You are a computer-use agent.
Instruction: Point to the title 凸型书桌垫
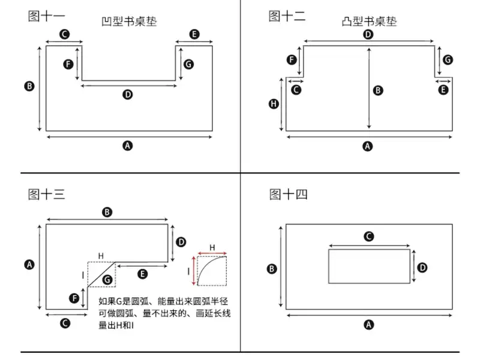pyautogui.click(x=368, y=22)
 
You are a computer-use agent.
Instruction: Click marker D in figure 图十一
pyautogui.click(x=128, y=95)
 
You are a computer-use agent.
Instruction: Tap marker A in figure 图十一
pyautogui.click(x=127, y=145)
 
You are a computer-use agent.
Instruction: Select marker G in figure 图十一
pyautogui.click(x=188, y=63)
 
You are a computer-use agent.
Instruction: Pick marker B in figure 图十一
pyautogui.click(x=29, y=86)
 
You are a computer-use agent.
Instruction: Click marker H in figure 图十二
pyautogui.click(x=274, y=104)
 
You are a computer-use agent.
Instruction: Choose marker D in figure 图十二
pyautogui.click(x=368, y=34)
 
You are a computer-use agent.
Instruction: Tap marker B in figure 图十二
pyautogui.click(x=378, y=90)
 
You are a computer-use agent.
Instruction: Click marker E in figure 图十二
pyautogui.click(x=443, y=90)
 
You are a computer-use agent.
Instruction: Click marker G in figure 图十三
pyautogui.click(x=106, y=279)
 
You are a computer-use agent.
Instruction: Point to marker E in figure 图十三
pyautogui.click(x=142, y=274)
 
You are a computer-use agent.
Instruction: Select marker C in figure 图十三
pyautogui.click(x=66, y=323)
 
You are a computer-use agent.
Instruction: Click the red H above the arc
pyautogui.click(x=212, y=247)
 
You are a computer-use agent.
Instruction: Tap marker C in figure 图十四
pyautogui.click(x=369, y=236)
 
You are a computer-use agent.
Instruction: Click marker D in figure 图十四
pyautogui.click(x=422, y=266)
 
